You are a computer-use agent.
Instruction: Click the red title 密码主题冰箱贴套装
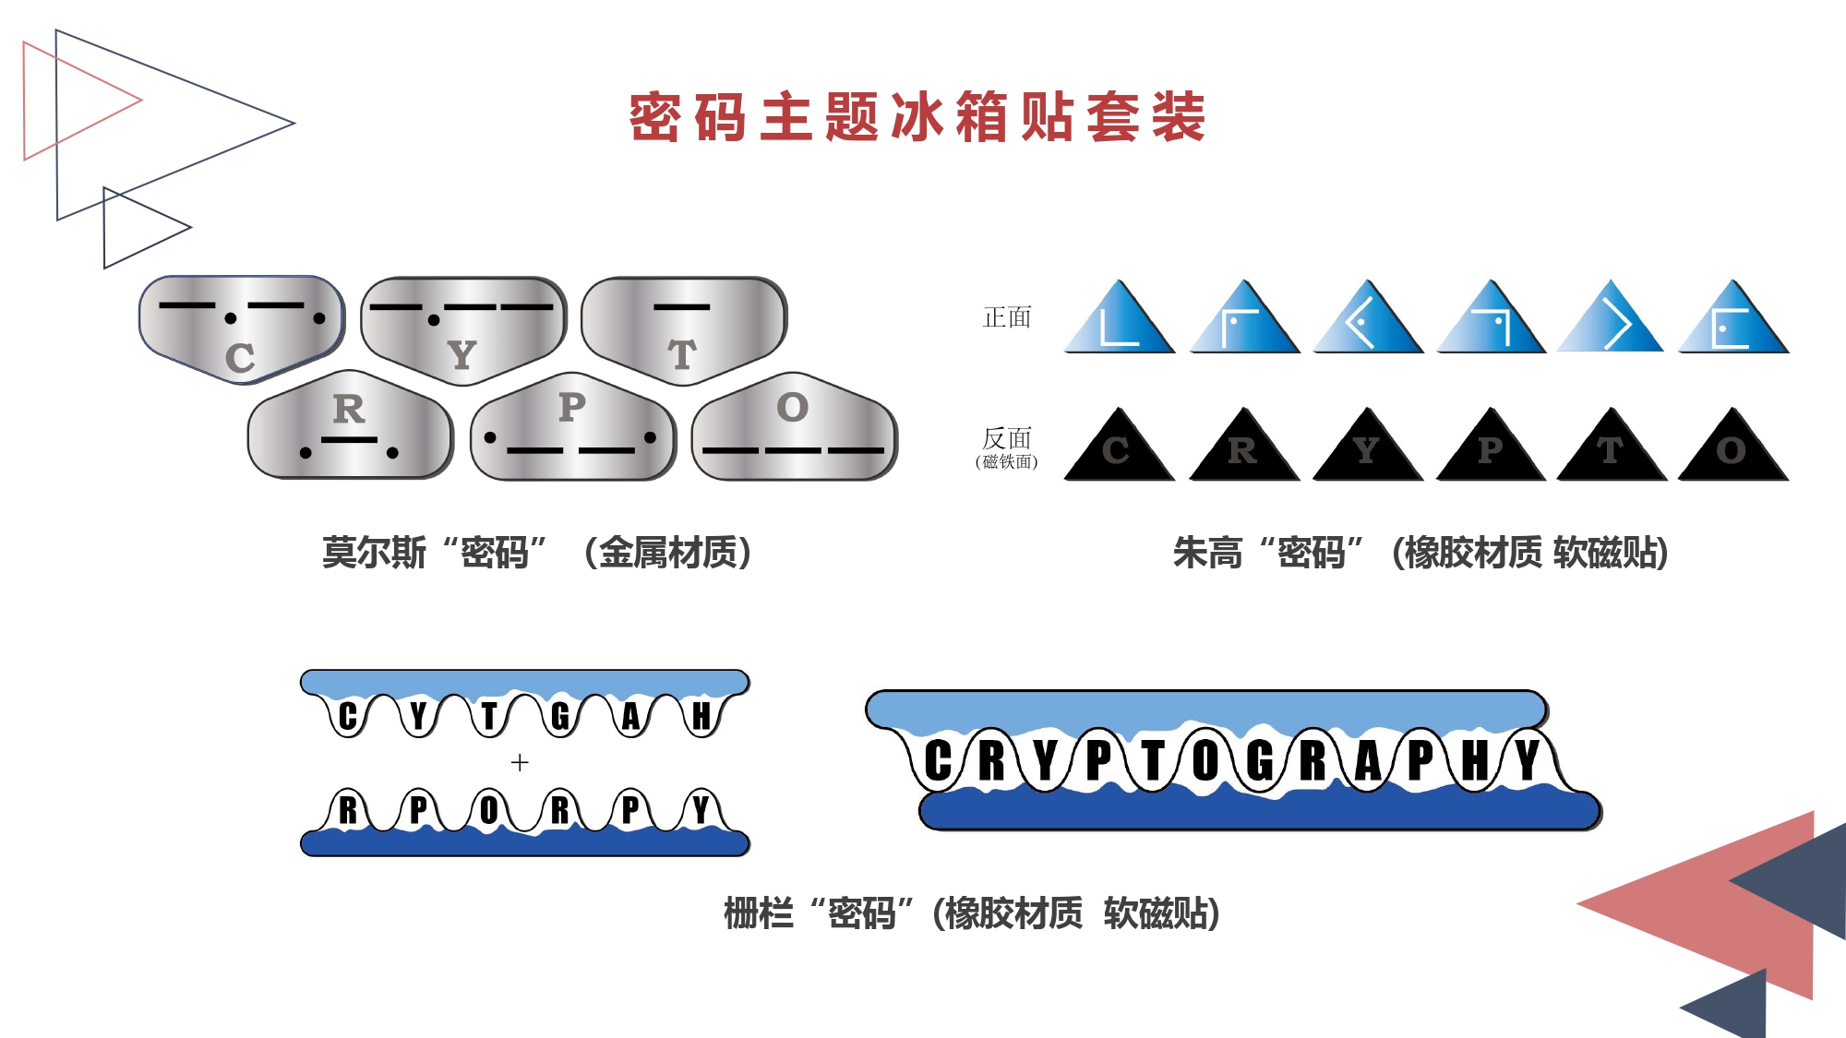point(917,117)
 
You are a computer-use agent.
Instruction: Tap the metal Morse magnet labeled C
point(241,328)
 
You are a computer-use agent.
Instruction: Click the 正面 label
point(1007,317)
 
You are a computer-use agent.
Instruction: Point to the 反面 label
point(1007,438)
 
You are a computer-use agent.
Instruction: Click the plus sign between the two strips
point(520,762)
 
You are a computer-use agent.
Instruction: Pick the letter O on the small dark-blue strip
point(489,811)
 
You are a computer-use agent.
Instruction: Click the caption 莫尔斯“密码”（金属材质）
point(536,553)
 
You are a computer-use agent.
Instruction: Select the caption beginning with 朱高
point(1420,553)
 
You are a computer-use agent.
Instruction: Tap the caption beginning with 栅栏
point(971,913)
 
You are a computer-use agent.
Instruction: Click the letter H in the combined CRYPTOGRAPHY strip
point(1475,762)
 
